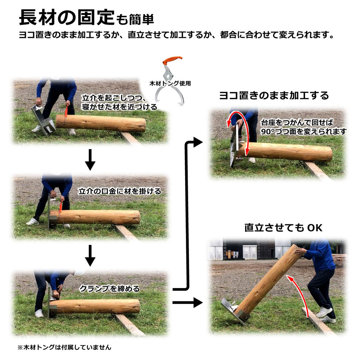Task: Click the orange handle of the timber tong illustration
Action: coord(172,60)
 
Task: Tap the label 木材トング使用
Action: coord(170,83)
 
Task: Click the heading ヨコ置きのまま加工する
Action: coord(274,96)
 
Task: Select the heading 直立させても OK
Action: coord(283,228)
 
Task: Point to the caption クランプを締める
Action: coord(109,289)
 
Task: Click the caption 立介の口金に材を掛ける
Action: coord(120,191)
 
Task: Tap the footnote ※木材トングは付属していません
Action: coord(64,347)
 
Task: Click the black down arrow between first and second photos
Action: coord(90,160)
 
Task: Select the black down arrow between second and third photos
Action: coord(90,256)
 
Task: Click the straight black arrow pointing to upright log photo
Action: coord(188,303)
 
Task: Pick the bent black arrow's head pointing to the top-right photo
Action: coord(198,142)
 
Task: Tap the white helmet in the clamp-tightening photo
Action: coord(79,273)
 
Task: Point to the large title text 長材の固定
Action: coord(67,17)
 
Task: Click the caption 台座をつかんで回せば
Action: coord(297,123)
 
